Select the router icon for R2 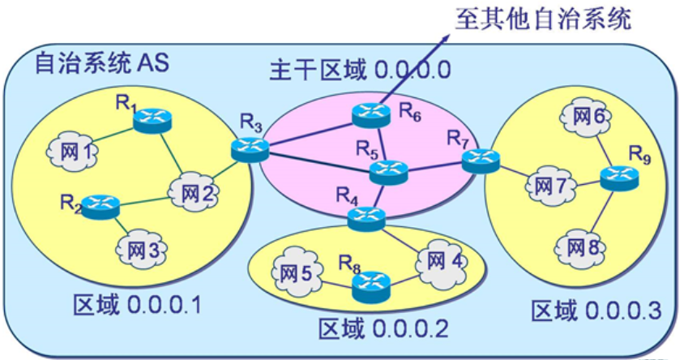point(100,204)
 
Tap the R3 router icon point(246,148)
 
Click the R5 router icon point(384,172)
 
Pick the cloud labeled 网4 point(442,261)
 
